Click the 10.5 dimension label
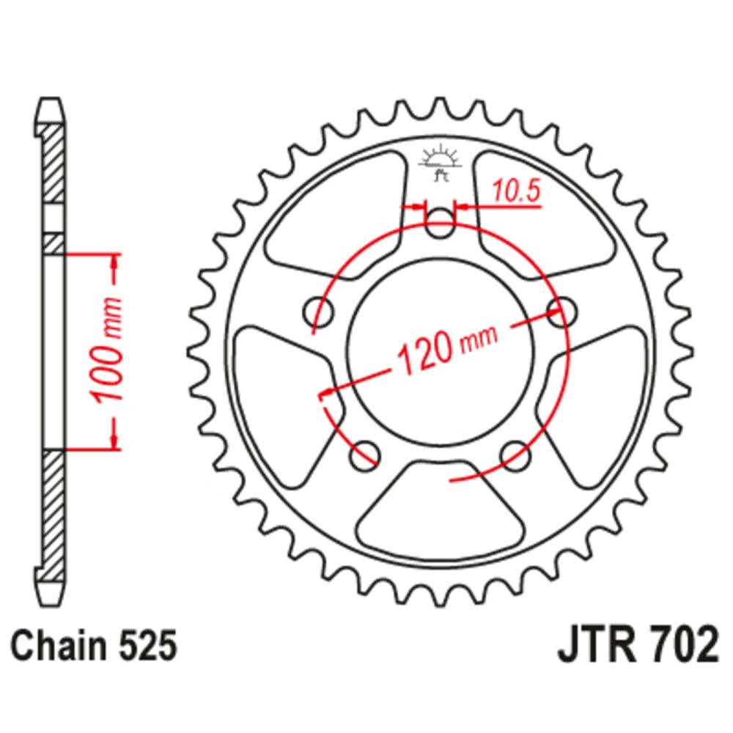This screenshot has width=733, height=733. point(516,191)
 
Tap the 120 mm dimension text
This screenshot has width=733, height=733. point(446,347)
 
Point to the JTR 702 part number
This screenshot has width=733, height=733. point(637,645)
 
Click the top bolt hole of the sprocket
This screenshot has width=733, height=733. point(440,223)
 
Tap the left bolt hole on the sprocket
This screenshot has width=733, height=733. point(319,311)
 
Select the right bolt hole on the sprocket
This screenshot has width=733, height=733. point(561,311)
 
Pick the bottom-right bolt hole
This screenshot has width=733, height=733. point(515,454)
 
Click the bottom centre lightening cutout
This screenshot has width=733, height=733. point(440,507)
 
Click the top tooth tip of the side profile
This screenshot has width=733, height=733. point(51,99)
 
